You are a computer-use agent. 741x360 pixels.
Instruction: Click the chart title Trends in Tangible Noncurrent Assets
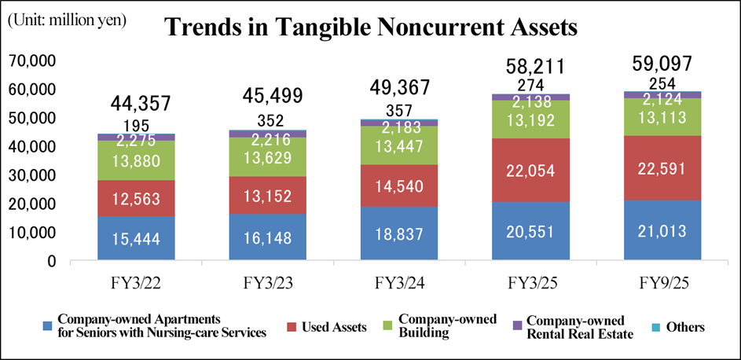pyautogui.click(x=371, y=28)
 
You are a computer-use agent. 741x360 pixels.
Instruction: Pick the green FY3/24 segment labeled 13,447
pyautogui.click(x=400, y=146)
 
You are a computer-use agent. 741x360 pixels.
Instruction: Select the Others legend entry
pyautogui.click(x=686, y=327)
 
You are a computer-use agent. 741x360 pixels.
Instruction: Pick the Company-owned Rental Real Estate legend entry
pyautogui.click(x=576, y=327)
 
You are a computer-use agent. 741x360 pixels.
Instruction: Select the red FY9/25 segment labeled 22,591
pyautogui.click(x=662, y=167)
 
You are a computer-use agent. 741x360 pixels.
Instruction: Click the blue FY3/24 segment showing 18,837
pyautogui.click(x=400, y=233)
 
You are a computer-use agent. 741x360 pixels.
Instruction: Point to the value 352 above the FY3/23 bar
pyautogui.click(x=269, y=121)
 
